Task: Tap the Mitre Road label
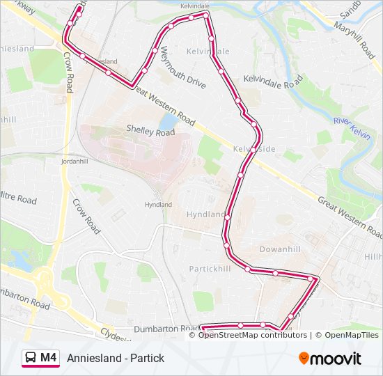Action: tap(17, 198)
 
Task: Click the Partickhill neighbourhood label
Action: tap(210, 269)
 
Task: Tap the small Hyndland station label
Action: tap(158, 205)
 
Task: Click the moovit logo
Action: tap(330, 359)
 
